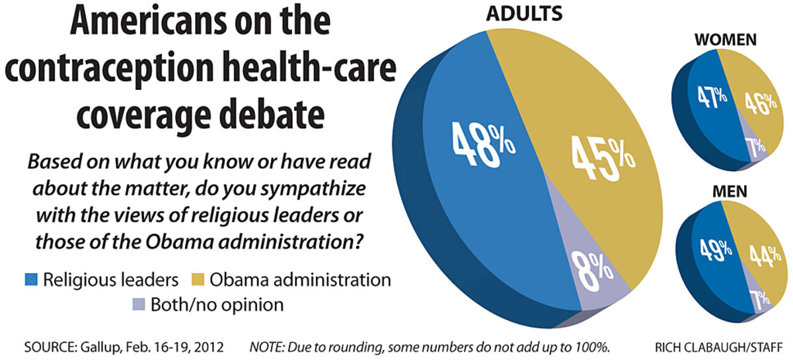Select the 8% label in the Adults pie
(595, 270)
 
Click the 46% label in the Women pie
(754, 104)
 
